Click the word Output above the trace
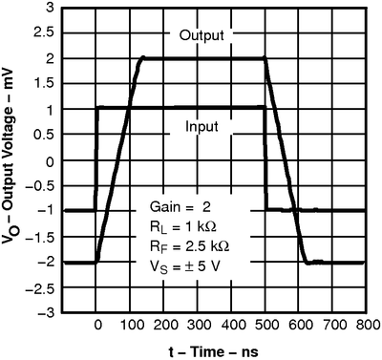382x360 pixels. [x=201, y=37]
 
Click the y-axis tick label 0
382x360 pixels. [x=50, y=159]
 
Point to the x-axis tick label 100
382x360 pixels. [x=131, y=325]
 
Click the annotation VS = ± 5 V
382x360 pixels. [x=188, y=266]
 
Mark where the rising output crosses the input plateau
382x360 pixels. [x=127, y=108]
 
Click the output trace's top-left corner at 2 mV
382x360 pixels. [x=143, y=58]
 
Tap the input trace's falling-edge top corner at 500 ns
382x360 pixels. [x=265, y=108]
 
